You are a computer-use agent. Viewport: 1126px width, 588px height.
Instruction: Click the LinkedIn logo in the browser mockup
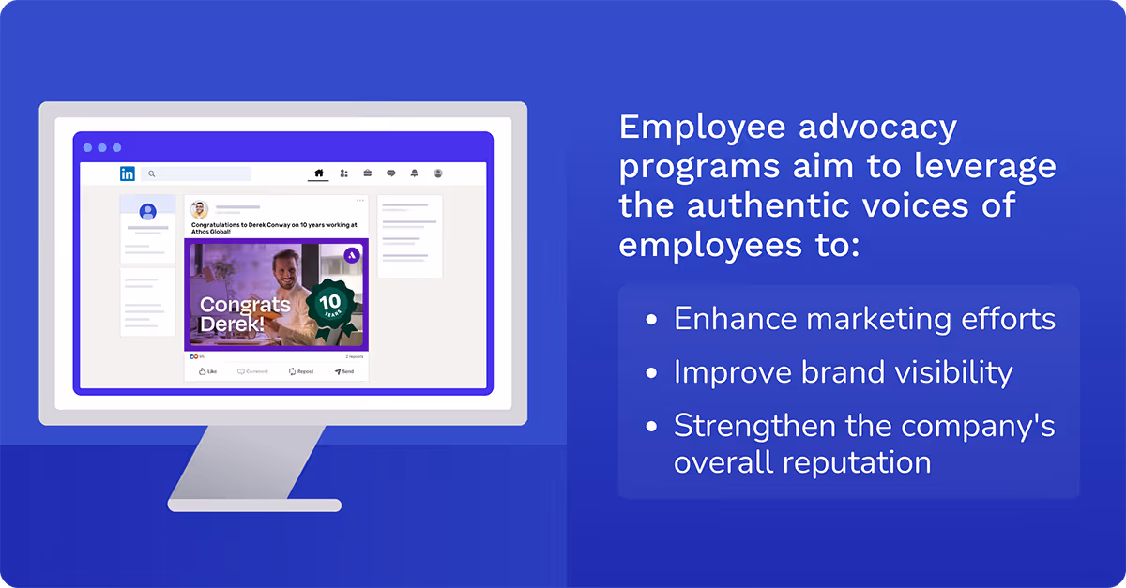[x=127, y=173]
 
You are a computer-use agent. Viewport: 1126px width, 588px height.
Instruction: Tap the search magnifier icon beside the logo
[x=151, y=173]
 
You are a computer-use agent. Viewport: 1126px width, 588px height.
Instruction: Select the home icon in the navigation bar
[x=318, y=173]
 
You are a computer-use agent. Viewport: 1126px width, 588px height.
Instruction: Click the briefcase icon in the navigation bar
[x=368, y=173]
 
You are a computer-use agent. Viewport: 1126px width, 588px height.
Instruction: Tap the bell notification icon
[x=415, y=173]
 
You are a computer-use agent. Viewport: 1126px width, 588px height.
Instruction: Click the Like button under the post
[x=207, y=371]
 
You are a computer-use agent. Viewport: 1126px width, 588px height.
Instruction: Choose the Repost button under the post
[x=301, y=371]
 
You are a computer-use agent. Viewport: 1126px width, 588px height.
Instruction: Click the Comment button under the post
[x=252, y=371]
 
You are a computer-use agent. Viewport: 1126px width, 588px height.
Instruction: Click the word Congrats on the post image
[x=245, y=305]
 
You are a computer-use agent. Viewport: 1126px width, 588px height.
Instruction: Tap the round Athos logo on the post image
[x=352, y=255]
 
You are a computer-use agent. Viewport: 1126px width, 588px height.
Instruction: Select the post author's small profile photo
[x=199, y=209]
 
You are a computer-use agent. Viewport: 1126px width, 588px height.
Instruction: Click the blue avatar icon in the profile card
[x=147, y=212]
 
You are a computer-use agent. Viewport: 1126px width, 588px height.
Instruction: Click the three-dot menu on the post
[x=359, y=200]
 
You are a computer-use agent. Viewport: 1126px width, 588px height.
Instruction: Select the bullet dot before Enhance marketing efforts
[x=652, y=321]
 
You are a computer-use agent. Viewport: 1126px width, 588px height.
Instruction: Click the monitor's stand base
[x=254, y=505]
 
